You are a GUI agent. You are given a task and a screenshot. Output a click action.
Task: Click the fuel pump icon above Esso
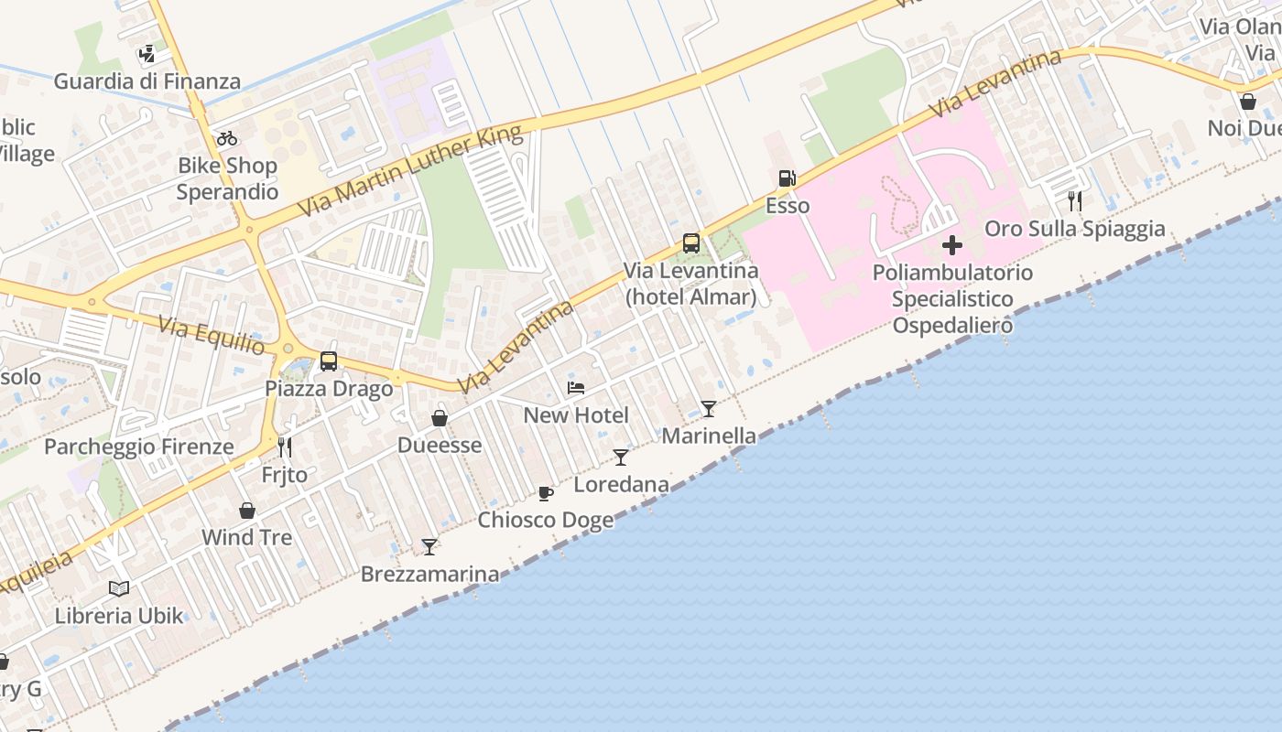coord(787,178)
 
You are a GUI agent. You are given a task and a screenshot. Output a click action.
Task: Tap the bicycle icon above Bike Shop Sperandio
coord(227,138)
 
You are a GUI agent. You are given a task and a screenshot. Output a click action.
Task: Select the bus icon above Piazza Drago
coord(329,361)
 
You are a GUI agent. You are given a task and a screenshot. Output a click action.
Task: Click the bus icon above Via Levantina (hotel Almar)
coord(691,243)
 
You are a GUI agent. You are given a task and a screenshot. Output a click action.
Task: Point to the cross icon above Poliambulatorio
coord(952,245)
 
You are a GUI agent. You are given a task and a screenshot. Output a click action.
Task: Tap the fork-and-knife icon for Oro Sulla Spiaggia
coord(1075,201)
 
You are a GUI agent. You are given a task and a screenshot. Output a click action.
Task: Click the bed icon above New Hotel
coord(576,388)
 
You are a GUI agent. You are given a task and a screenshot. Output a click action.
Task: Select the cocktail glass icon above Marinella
coord(709,408)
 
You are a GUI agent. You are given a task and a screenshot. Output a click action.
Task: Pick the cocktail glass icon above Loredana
coord(621,457)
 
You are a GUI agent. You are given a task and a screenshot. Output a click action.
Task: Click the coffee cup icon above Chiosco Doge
coord(546,494)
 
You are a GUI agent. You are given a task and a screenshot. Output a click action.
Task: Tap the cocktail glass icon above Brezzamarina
coord(429,547)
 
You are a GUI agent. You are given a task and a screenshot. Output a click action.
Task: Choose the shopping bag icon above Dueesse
coord(440,418)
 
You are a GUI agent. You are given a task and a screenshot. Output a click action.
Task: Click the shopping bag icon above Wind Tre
coord(247,511)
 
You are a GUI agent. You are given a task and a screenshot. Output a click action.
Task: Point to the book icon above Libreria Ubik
coord(119,588)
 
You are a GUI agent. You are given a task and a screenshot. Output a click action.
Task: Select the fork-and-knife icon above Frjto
coord(285,447)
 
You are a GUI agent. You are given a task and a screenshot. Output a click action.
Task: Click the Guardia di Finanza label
coord(147,81)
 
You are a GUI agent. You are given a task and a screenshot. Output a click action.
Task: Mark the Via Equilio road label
coord(212,336)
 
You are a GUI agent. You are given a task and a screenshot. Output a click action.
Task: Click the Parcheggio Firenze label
coord(139,447)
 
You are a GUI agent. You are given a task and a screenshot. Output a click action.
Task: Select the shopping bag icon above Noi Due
coord(1247,102)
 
